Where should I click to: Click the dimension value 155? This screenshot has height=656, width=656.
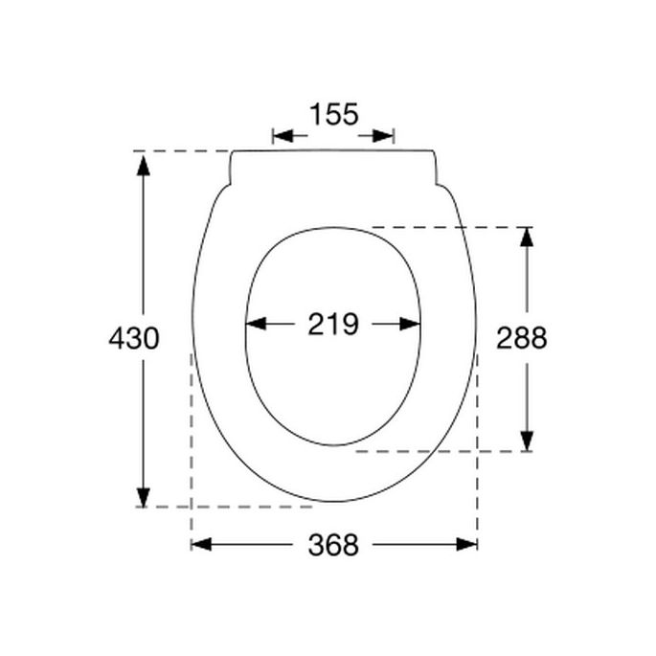click(333, 115)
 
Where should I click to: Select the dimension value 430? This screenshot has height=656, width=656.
click(133, 338)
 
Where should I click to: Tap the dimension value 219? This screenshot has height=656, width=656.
click(333, 325)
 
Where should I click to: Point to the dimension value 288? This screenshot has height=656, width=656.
click(522, 338)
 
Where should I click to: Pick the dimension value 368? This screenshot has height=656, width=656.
click(333, 545)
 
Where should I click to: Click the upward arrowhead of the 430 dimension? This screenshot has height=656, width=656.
click(144, 164)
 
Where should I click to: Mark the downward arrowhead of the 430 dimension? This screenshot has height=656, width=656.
click(144, 496)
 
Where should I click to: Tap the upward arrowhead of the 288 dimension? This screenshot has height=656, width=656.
click(526, 238)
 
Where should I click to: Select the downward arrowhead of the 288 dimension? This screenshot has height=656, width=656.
click(526, 440)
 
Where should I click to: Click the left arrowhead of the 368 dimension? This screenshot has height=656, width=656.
click(201, 544)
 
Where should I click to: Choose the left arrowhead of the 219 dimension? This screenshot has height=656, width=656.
click(257, 325)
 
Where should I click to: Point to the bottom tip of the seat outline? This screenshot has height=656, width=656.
click(334, 501)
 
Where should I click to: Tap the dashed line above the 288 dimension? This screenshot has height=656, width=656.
click(450, 227)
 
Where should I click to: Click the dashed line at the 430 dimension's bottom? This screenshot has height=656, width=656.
click(230, 507)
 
